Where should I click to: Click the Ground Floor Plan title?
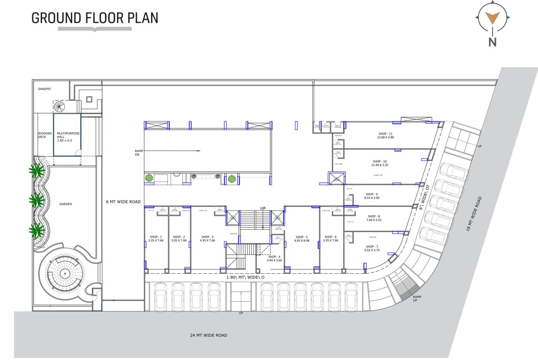[94, 18]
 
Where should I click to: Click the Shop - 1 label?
[156, 237]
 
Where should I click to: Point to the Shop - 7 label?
[371, 247]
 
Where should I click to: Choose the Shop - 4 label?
[275, 257]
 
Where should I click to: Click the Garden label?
[65, 204]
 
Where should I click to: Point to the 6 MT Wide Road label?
[123, 202]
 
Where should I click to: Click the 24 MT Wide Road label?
[209, 335]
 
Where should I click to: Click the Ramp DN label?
[138, 153]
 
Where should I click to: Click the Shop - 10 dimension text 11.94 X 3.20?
[380, 165]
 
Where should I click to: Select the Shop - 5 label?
[302, 237]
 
